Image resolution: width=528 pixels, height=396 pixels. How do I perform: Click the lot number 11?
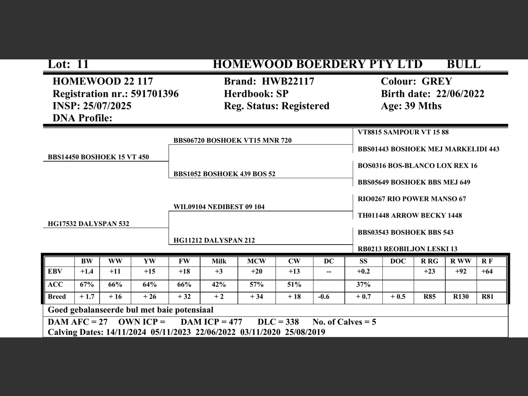click(x=82, y=64)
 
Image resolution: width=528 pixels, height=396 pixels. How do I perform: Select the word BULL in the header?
click(x=463, y=64)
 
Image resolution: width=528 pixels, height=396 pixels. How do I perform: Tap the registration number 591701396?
click(x=155, y=94)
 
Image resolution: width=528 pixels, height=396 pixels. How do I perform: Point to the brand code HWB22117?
click(x=288, y=81)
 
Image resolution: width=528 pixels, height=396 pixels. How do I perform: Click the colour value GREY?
click(x=437, y=81)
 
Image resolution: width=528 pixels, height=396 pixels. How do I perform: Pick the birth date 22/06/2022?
click(x=460, y=94)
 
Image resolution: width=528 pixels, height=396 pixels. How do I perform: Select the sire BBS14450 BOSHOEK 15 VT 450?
click(x=98, y=157)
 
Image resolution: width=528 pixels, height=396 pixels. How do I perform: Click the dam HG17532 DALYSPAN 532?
click(x=88, y=224)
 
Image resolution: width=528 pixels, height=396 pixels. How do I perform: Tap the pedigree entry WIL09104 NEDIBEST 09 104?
click(x=219, y=207)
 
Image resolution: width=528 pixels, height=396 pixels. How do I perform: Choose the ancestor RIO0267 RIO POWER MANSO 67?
click(x=412, y=199)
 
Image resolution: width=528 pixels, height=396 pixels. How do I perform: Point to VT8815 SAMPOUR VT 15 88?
click(x=403, y=132)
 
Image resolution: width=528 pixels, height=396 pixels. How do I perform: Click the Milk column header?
click(x=219, y=261)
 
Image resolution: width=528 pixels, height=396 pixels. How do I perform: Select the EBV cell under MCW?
click(x=257, y=271)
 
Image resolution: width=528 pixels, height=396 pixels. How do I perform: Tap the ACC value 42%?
click(x=219, y=285)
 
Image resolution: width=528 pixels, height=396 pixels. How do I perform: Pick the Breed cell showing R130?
click(x=461, y=297)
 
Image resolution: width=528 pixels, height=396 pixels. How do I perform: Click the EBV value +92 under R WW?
click(x=461, y=271)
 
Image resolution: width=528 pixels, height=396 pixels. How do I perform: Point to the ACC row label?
click(x=55, y=285)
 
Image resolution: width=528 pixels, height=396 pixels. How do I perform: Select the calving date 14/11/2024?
click(x=126, y=332)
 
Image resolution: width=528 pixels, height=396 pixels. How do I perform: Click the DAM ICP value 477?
click(x=235, y=322)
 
